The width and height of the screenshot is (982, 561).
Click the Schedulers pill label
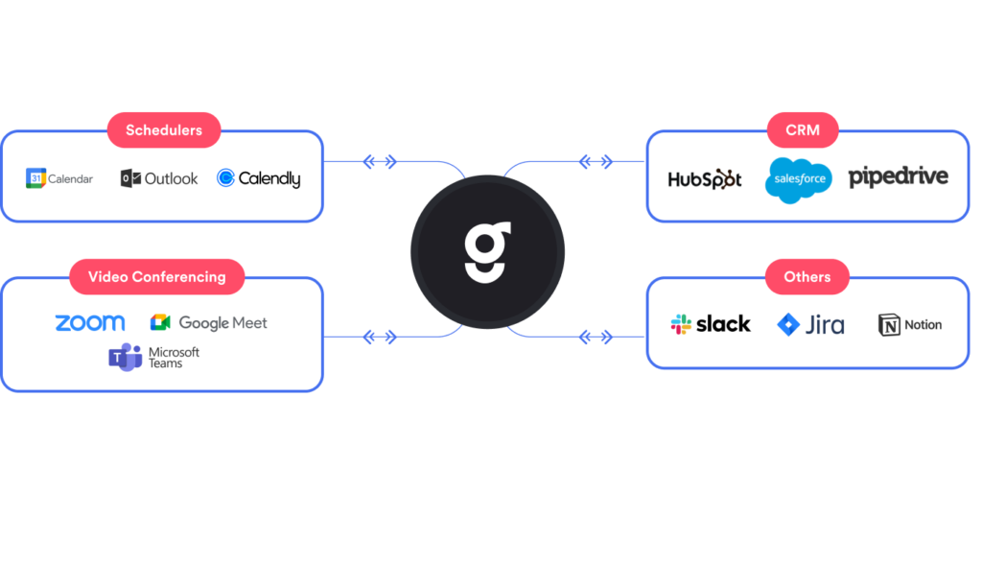pyautogui.click(x=164, y=130)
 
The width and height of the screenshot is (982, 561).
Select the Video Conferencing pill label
pyautogui.click(x=157, y=277)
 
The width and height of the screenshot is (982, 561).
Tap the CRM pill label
pyautogui.click(x=803, y=130)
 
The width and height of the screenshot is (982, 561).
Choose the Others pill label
pyautogui.click(x=807, y=277)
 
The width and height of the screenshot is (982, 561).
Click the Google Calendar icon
pyautogui.click(x=35, y=178)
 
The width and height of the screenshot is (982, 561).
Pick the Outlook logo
pyautogui.click(x=159, y=178)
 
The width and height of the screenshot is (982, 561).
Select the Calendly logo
pyautogui.click(x=258, y=178)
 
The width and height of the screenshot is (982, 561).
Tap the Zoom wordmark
pyautogui.click(x=90, y=323)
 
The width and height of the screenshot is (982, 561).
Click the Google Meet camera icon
pyautogui.click(x=160, y=323)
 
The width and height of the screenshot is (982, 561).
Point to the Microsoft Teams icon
pyautogui.click(x=125, y=358)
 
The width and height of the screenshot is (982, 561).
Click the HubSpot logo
pyautogui.click(x=705, y=179)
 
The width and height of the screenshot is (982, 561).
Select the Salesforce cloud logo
pyautogui.click(x=799, y=180)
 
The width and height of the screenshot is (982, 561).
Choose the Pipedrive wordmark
pyautogui.click(x=899, y=177)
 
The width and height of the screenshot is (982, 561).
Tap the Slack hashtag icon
pyautogui.click(x=682, y=324)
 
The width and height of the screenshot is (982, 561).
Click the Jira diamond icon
pyautogui.click(x=788, y=324)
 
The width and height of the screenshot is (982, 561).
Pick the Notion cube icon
pyautogui.click(x=889, y=325)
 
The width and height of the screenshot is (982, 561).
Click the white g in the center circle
pyautogui.click(x=488, y=252)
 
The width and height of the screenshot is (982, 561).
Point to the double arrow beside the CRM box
pyautogui.click(x=596, y=162)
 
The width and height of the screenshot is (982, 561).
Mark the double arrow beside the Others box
pyautogui.click(x=596, y=337)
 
